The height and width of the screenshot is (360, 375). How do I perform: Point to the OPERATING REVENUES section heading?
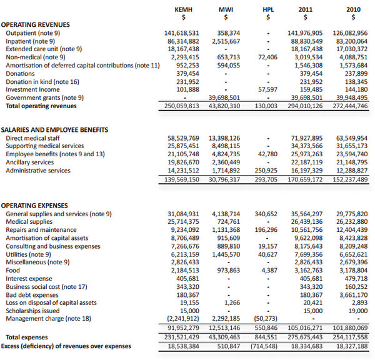[36, 24]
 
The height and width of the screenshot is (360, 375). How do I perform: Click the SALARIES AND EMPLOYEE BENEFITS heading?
[55, 129]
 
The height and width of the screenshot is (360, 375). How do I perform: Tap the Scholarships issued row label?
[32, 311]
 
